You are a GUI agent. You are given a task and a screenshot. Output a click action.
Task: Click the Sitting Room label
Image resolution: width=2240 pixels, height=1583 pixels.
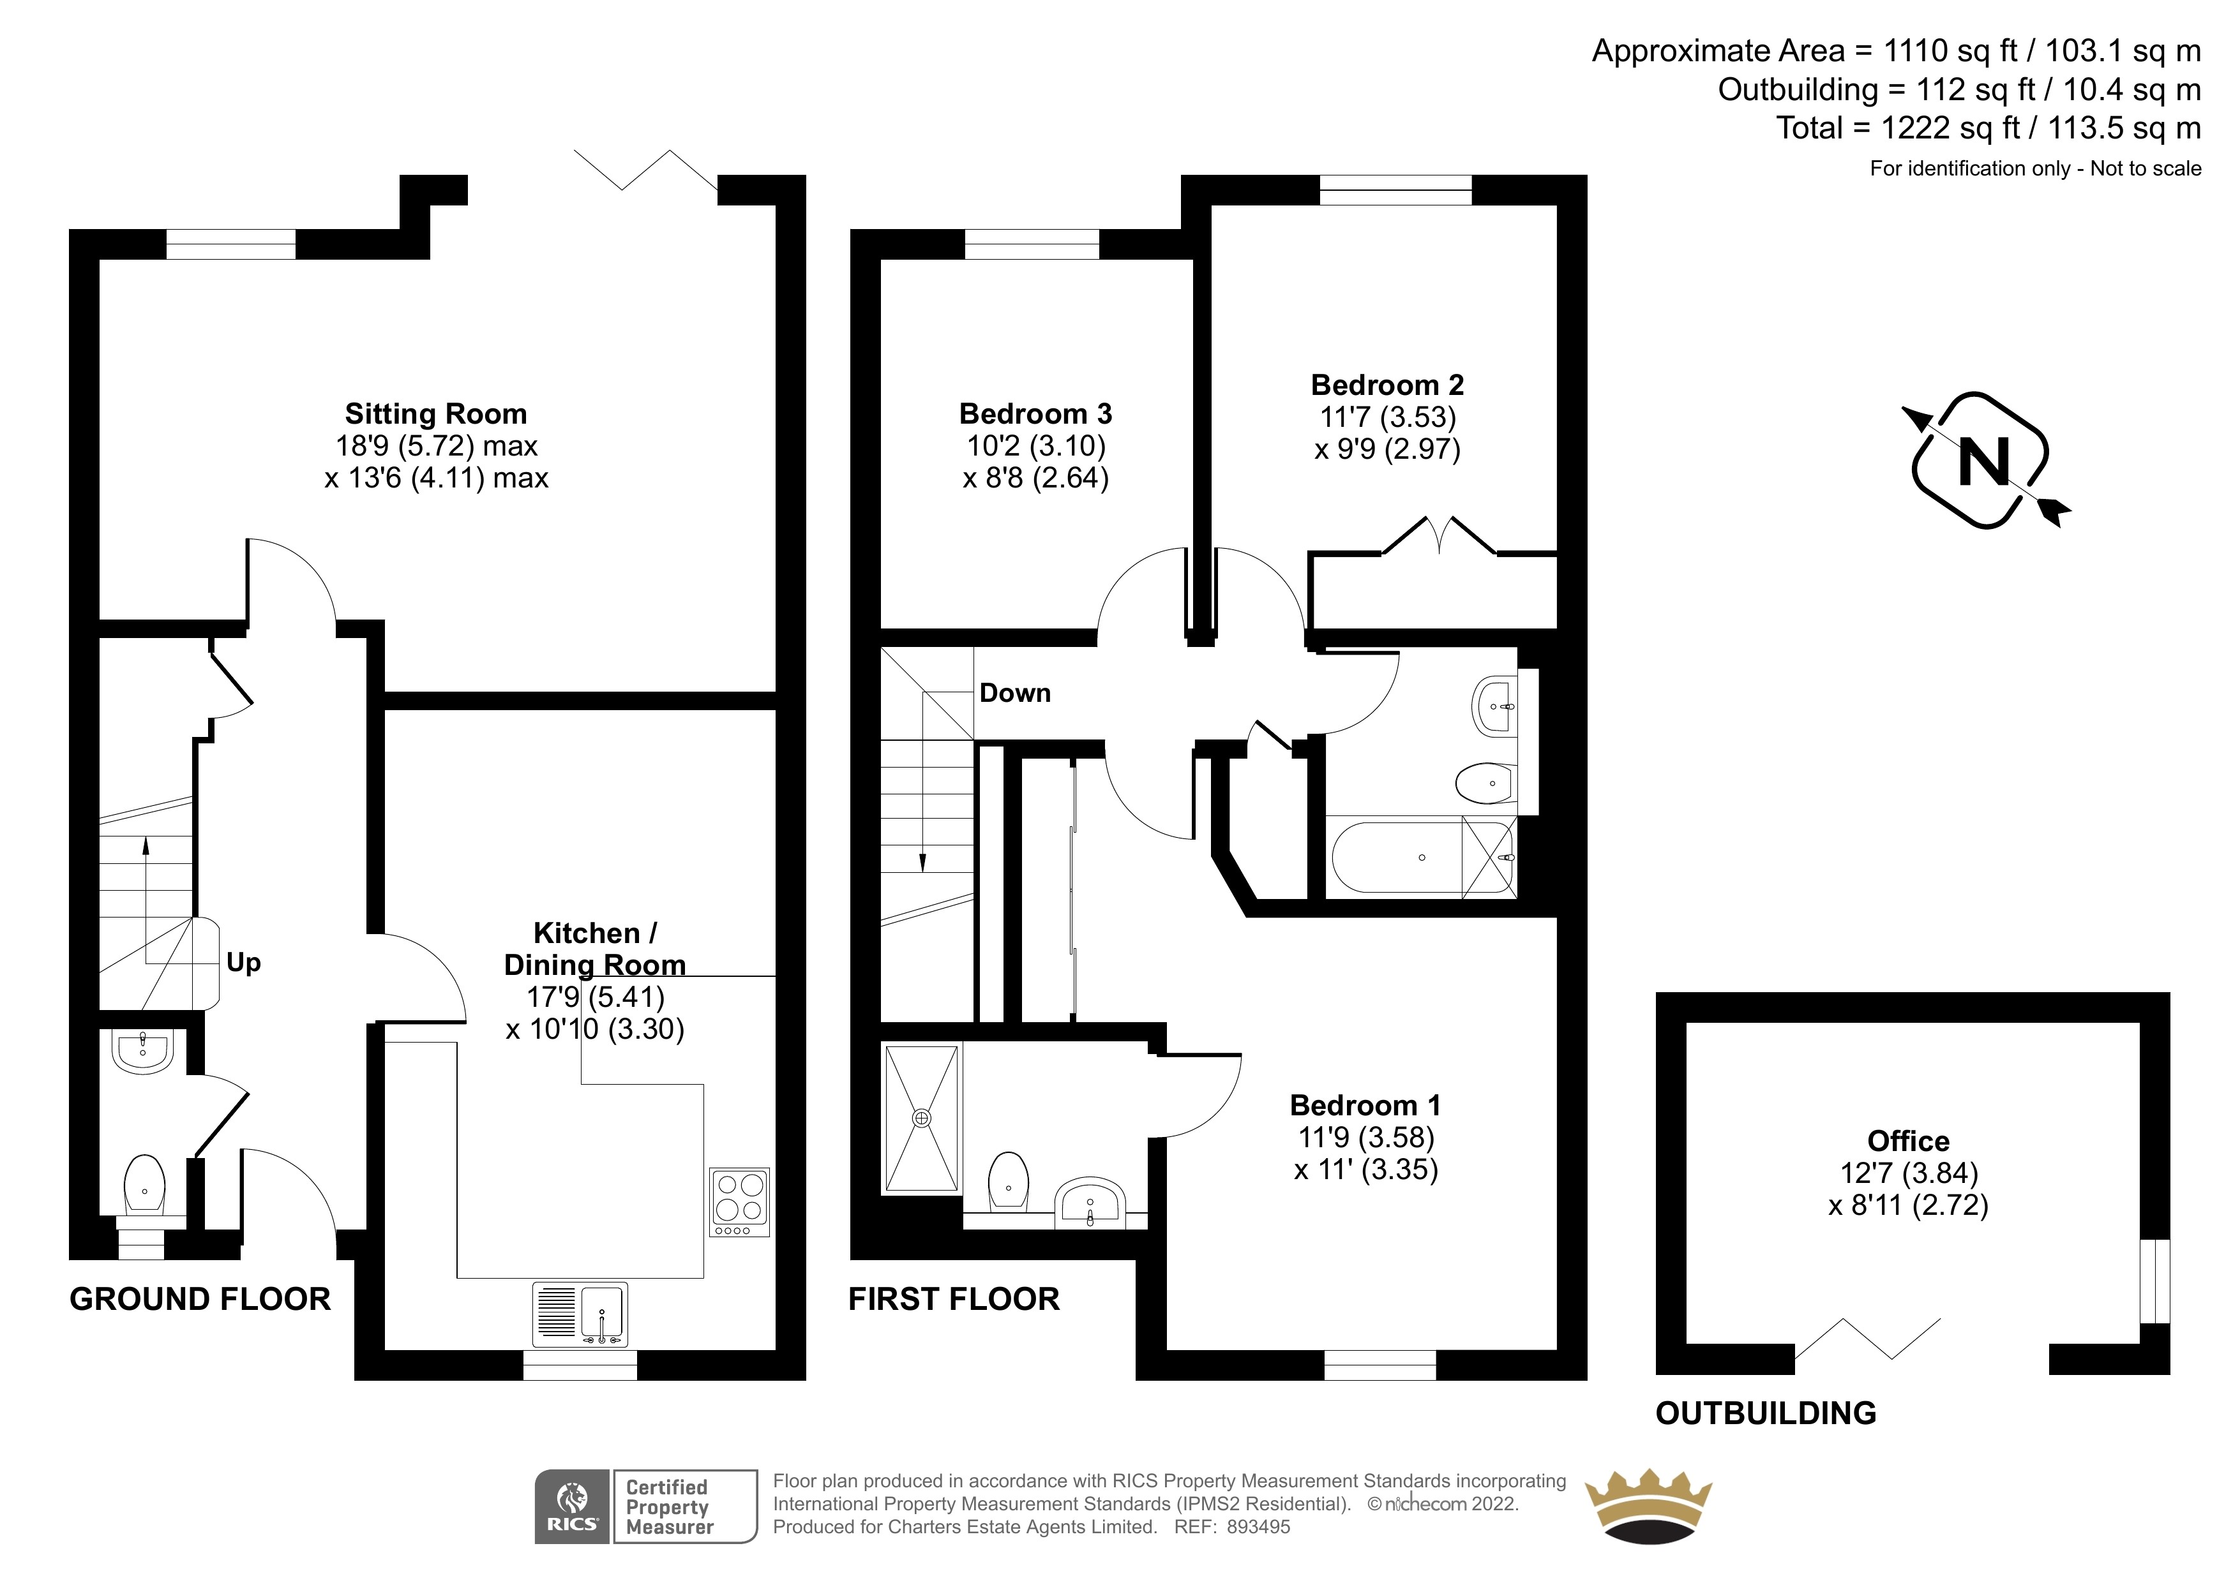436,413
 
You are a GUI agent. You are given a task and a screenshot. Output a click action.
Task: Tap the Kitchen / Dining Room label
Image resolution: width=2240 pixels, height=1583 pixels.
595,949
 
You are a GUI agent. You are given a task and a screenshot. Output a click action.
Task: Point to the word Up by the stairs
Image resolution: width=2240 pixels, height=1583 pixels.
244,963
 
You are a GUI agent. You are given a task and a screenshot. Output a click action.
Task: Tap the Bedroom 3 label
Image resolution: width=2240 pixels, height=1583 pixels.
1036,413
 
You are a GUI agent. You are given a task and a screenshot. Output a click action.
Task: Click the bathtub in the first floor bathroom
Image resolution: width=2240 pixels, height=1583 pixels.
1397,858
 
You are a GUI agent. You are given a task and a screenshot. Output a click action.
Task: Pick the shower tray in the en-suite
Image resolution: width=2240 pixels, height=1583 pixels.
921,1118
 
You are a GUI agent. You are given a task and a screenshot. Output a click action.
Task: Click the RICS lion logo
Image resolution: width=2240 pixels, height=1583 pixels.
573,1507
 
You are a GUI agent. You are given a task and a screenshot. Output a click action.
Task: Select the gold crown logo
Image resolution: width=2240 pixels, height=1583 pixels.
1649,1508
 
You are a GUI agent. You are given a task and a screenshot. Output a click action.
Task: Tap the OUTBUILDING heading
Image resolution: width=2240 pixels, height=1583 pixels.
1766,1413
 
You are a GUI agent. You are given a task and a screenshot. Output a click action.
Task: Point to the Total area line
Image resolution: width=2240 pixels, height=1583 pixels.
1988,128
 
